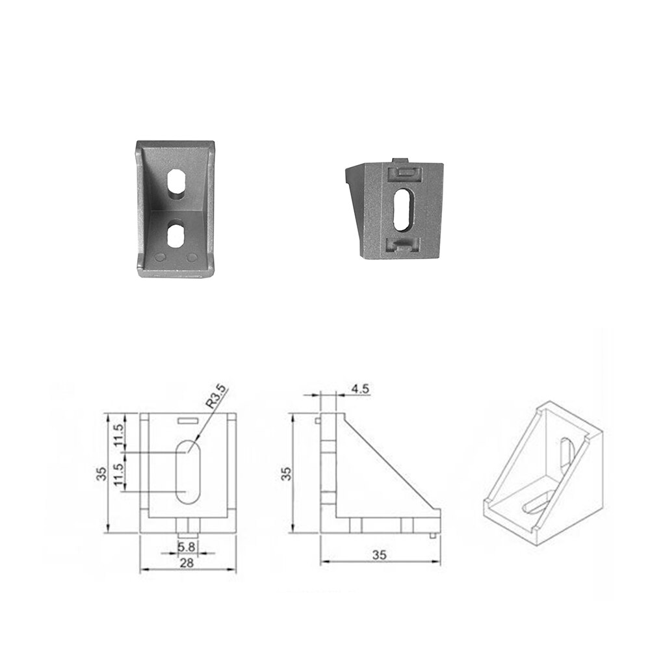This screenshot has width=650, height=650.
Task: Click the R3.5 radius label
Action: pyautogui.click(x=216, y=396)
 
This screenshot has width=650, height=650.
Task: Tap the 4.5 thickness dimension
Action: pyautogui.click(x=360, y=389)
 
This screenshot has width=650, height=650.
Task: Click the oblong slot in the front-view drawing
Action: pyautogui.click(x=188, y=471)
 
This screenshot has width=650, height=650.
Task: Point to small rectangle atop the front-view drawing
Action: pyautogui.click(x=187, y=421)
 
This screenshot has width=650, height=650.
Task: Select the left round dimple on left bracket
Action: pyautogui.click(x=160, y=257)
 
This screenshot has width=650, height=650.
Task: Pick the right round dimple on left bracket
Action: pyautogui.click(x=192, y=257)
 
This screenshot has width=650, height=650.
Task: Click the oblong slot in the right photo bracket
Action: pyautogui.click(x=402, y=209)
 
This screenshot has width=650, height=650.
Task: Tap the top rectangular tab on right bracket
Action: pyautogui.click(x=404, y=172)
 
